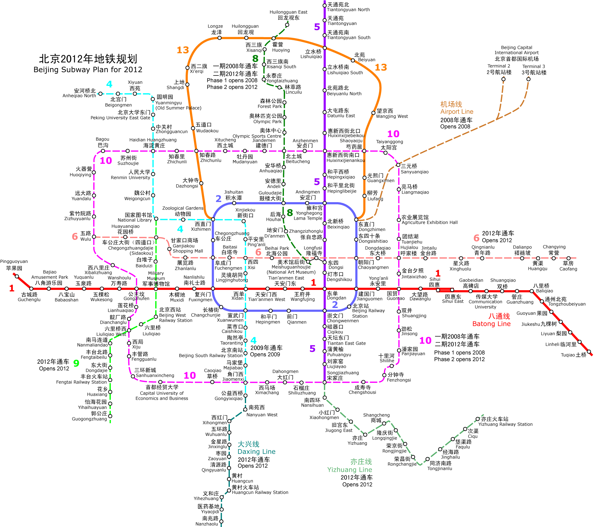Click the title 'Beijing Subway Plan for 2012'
(x=88, y=70)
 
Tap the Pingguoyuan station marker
(x=17, y=276)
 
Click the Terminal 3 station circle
(x=528, y=79)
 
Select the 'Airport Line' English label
(x=457, y=112)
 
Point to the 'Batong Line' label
(x=491, y=324)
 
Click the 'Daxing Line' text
(x=257, y=452)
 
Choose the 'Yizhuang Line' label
(x=349, y=470)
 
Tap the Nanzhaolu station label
(x=207, y=524)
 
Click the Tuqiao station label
(x=573, y=355)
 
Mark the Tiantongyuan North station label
(x=348, y=10)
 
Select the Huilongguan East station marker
(x=287, y=25)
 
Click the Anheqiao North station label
(x=79, y=96)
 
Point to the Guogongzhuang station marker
(x=110, y=416)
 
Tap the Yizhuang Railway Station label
(x=505, y=424)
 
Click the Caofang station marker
(x=569, y=259)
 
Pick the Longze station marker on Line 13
(x=219, y=38)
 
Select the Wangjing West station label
(x=392, y=116)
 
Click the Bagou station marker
(x=103, y=151)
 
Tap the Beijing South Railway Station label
(x=210, y=356)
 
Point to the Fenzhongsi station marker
(x=384, y=375)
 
